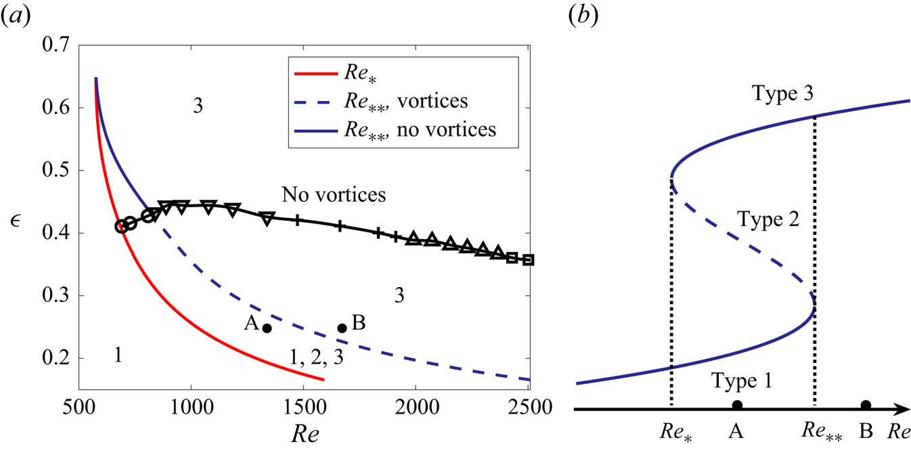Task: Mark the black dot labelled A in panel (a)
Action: click(x=267, y=328)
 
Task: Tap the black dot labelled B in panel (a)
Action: click(x=342, y=328)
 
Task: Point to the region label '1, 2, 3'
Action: click(x=317, y=359)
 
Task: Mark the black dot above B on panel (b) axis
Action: click(x=866, y=406)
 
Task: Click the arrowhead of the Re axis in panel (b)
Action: click(x=901, y=409)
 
